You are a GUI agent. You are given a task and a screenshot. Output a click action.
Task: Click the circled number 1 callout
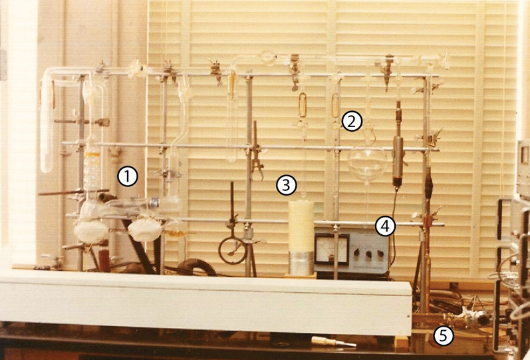(x=128, y=176)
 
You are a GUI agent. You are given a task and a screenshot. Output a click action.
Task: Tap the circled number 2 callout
(x=352, y=122)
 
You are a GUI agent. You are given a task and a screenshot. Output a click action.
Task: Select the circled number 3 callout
(x=287, y=185)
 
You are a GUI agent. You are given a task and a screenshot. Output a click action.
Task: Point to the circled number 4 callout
(x=385, y=226)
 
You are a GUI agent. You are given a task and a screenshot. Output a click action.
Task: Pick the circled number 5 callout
(x=443, y=335)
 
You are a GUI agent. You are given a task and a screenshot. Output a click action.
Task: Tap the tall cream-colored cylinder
(x=301, y=226)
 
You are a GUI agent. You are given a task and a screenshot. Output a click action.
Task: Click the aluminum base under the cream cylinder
(x=301, y=263)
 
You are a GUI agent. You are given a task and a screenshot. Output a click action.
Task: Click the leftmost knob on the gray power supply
(x=355, y=253)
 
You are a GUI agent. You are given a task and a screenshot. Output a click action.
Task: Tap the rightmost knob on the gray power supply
(x=380, y=253)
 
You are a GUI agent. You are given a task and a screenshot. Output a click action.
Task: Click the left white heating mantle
(x=90, y=232)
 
